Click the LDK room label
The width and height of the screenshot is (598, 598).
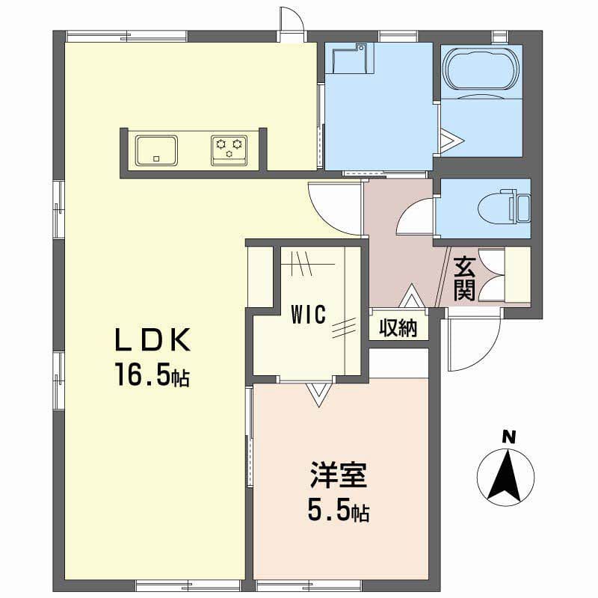coord(152,339)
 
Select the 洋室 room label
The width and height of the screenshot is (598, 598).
coord(339,475)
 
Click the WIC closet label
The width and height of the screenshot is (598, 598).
coord(309,315)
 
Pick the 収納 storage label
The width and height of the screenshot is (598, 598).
coord(398,327)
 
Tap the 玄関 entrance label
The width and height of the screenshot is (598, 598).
coord(464,279)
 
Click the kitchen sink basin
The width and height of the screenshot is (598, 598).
coord(157,150)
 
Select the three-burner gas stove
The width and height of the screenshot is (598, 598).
coord(229,150)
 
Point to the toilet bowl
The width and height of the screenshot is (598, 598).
coord(496,209)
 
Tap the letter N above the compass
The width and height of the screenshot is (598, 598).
coord(508,437)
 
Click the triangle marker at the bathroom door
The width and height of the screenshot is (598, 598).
coord(452,141)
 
